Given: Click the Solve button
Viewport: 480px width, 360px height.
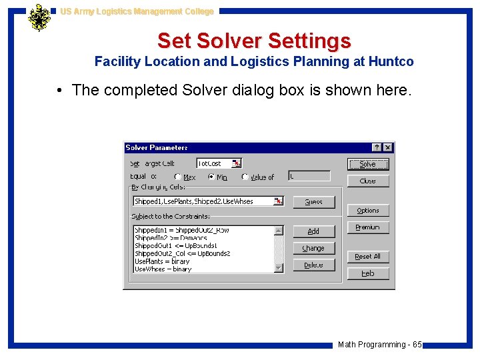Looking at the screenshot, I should coord(368,164).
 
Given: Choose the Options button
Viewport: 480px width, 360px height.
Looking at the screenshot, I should coord(368,211).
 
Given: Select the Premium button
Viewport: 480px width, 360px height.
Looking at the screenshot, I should coord(368,227).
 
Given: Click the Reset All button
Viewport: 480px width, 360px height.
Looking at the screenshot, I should coord(368,257).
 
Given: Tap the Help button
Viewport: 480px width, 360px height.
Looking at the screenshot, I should coord(368,273).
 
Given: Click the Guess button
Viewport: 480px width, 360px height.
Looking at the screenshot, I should coord(313,202).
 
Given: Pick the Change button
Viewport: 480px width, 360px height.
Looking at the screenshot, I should coord(313,248).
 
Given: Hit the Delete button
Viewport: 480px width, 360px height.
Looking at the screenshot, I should coord(313,265).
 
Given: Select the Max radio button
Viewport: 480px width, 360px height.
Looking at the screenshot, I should coord(178,177).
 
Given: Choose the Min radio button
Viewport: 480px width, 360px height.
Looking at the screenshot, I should coord(211,177).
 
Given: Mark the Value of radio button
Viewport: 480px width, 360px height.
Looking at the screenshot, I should coord(245,177).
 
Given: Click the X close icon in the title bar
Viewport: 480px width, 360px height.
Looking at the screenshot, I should coord(388,147).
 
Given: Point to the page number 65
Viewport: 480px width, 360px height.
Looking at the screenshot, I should coord(417,345).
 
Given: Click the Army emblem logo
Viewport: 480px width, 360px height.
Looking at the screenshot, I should coord(39,18).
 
